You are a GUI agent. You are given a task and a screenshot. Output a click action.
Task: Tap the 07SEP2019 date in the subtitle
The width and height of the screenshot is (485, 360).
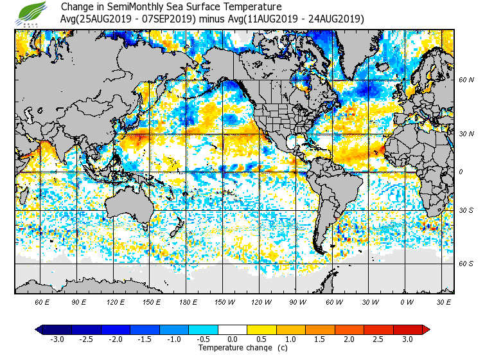tap(173, 19)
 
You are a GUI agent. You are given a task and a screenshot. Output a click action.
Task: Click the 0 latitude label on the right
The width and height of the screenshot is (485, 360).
tap(461, 172)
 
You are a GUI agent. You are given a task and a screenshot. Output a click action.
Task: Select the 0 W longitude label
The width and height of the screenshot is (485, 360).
tap(407, 301)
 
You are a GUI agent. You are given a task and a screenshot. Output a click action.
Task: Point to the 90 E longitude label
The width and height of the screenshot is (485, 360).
tap(79, 301)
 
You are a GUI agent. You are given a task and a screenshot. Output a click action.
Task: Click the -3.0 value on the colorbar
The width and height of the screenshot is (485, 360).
tap(57, 339)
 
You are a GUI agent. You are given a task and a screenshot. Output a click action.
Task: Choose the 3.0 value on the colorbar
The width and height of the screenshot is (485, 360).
tap(407, 339)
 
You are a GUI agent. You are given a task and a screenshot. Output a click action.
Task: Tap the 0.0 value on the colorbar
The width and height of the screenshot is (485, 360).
tap(233, 339)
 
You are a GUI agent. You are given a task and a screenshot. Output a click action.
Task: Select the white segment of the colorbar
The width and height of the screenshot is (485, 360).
tap(233, 329)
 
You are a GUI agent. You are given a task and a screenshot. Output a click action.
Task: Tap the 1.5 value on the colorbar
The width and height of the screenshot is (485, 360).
tap(320, 339)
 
